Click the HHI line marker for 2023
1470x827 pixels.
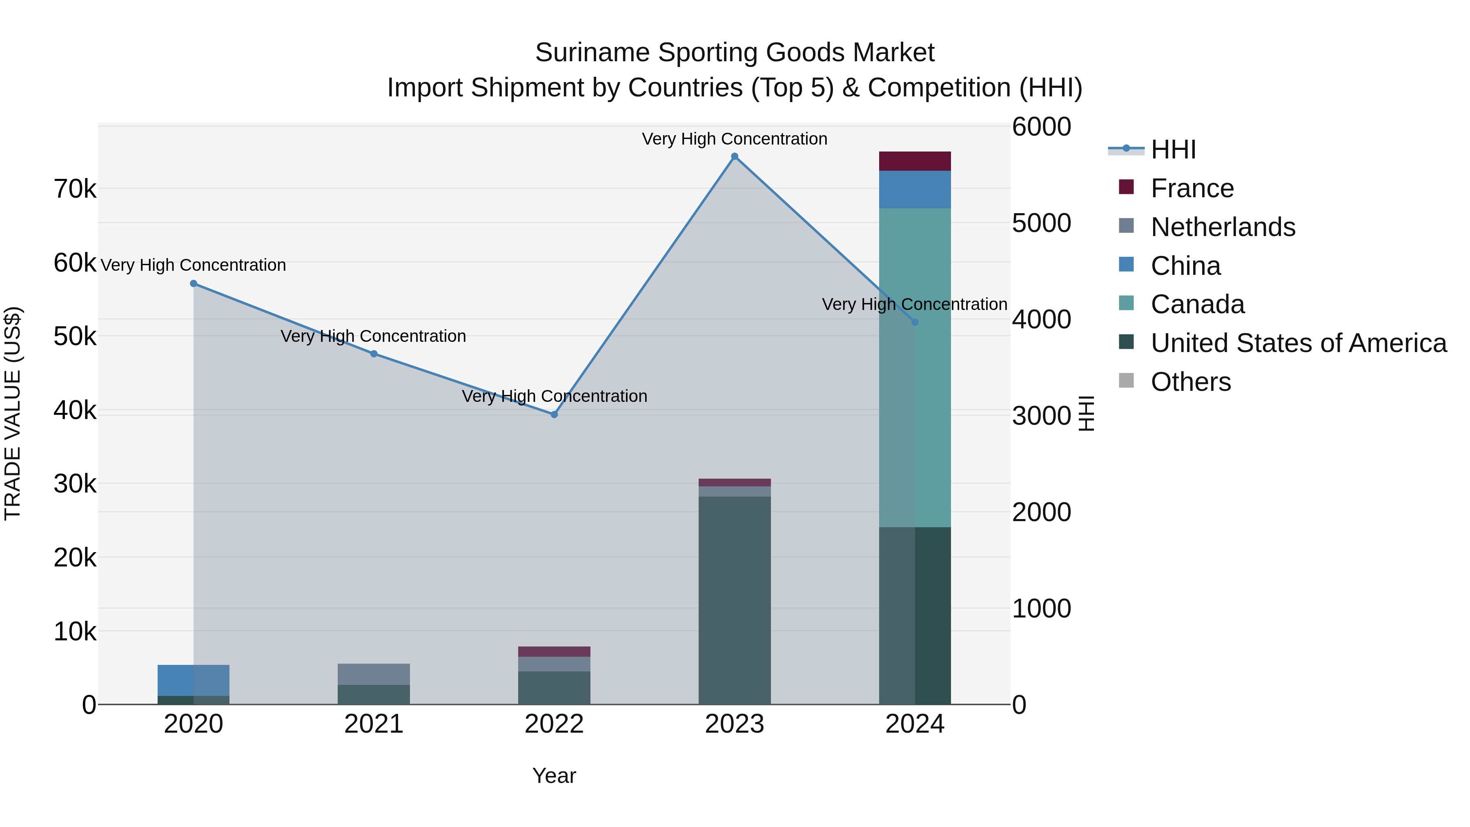click(x=735, y=156)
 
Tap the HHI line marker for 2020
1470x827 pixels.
click(x=194, y=284)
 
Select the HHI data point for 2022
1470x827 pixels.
click(x=554, y=415)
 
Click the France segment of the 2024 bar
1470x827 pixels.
click(x=915, y=161)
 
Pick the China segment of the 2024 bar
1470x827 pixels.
click(x=915, y=189)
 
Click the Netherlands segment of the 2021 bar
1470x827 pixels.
click(x=374, y=674)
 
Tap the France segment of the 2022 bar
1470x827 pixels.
click(x=554, y=652)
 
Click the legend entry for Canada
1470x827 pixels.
click(x=1197, y=304)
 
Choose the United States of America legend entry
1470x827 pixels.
click(x=1298, y=343)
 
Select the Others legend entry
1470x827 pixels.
click(x=1190, y=382)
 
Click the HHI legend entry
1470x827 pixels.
click(x=1173, y=149)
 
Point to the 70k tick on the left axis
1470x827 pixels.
click(x=75, y=189)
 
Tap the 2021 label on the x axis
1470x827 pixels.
click(x=374, y=724)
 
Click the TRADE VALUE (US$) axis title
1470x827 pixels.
click(x=13, y=413)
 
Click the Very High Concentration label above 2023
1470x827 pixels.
click(x=735, y=139)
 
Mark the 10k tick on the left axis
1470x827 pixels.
click(x=75, y=632)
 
